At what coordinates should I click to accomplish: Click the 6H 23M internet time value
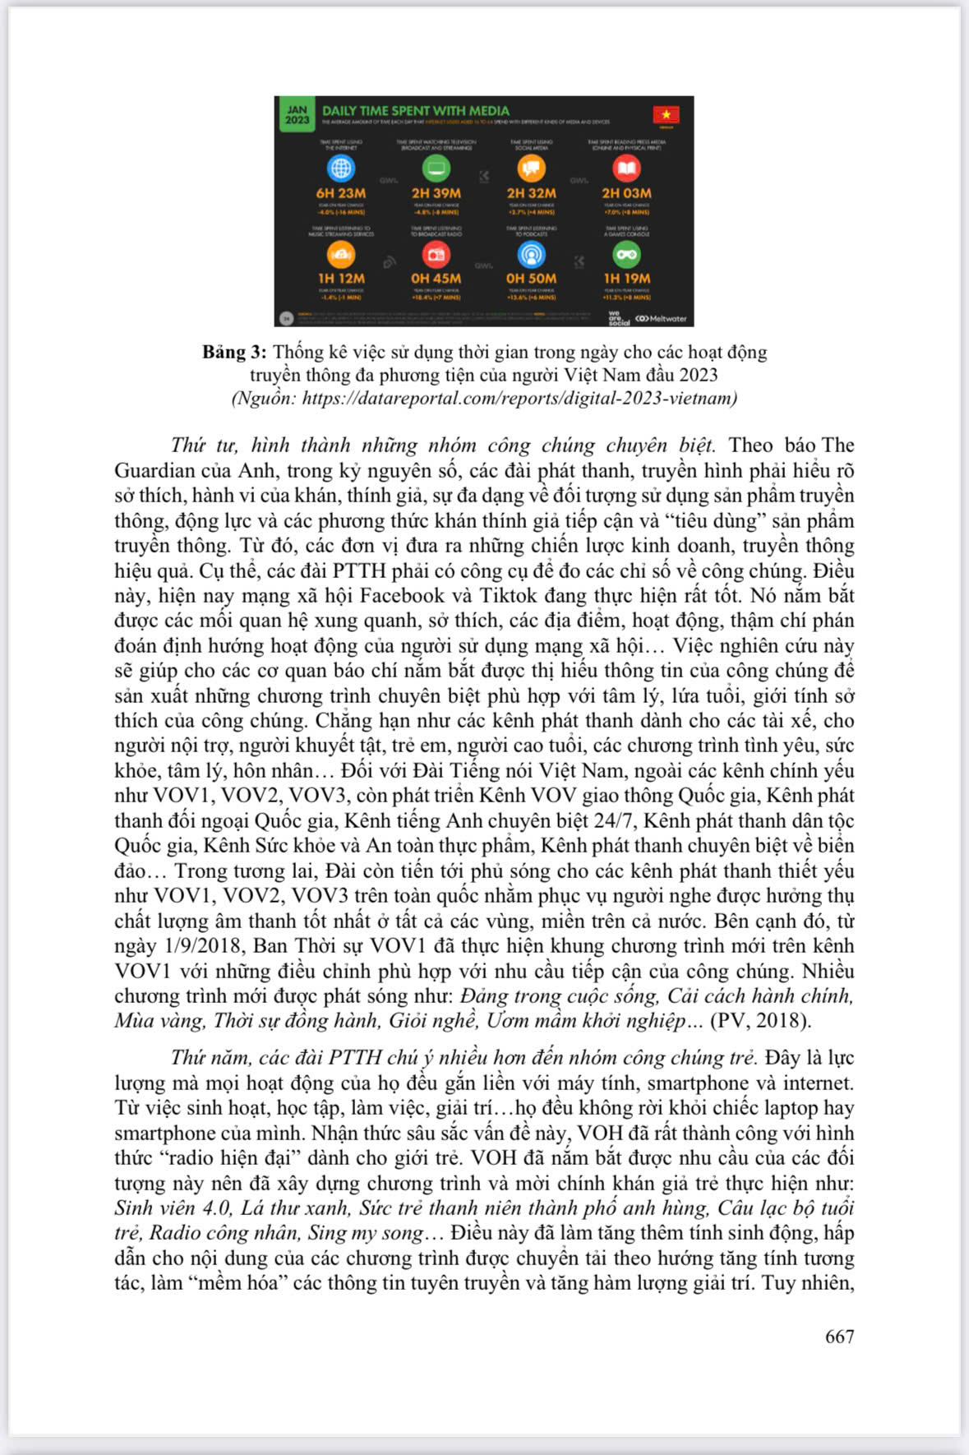(340, 193)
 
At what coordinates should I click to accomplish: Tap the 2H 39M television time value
(436, 193)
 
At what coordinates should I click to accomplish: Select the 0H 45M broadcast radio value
(436, 279)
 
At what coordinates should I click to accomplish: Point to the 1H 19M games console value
(626, 279)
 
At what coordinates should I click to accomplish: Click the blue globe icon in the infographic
(340, 169)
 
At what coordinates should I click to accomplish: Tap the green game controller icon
(626, 255)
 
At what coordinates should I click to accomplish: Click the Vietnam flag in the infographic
(666, 114)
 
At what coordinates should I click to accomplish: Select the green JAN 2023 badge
(297, 114)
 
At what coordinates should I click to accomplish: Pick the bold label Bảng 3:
(234, 352)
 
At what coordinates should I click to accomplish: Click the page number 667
(839, 1336)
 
